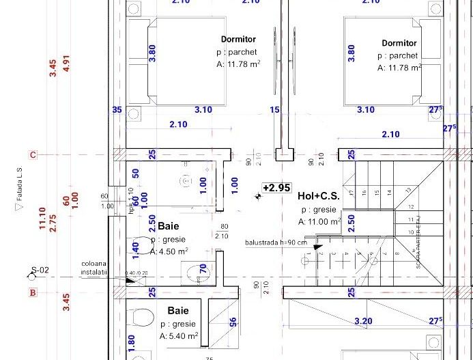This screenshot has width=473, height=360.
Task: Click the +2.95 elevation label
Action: click(x=277, y=187)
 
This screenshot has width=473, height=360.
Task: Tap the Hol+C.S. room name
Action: click(x=320, y=197)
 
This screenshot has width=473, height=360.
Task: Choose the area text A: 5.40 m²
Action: click(x=179, y=336)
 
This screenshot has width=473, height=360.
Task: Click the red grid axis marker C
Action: click(x=32, y=154)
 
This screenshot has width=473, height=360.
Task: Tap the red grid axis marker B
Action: click(x=32, y=293)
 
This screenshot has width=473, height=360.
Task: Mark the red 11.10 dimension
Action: click(x=42, y=219)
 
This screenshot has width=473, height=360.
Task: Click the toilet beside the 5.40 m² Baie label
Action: click(x=142, y=318)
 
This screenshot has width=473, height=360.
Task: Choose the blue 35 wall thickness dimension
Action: click(x=117, y=109)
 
